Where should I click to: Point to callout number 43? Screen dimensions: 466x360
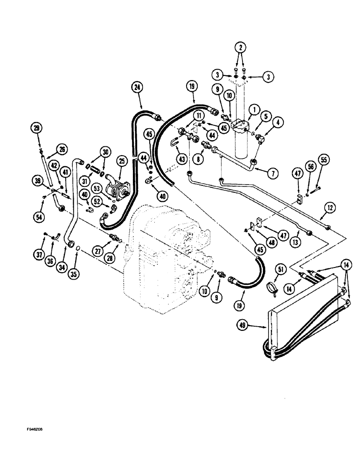coord(181,158)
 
